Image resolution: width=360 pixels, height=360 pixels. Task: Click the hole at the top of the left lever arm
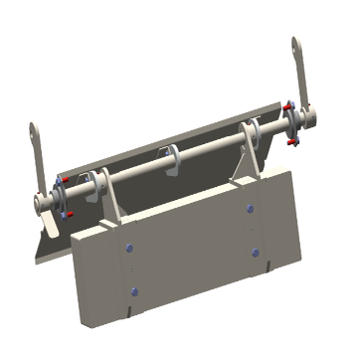(x=34, y=131)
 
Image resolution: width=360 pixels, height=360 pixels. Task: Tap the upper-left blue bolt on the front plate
(x=128, y=247)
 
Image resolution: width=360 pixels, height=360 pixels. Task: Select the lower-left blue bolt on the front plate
(x=133, y=291)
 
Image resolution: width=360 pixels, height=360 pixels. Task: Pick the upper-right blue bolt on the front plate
(x=250, y=209)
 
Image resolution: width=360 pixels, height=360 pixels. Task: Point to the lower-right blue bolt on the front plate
(x=256, y=253)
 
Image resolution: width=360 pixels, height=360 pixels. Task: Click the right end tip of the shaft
(x=317, y=121)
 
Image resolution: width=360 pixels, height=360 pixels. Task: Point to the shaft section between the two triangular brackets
(x=179, y=163)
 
